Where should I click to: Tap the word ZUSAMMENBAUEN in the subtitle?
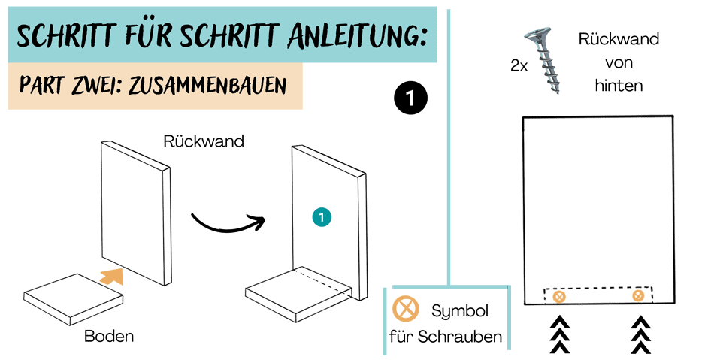(207, 86)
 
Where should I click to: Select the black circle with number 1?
(410, 98)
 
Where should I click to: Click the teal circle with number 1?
(322, 218)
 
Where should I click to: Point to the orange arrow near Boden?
(111, 276)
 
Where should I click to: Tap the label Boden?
(109, 337)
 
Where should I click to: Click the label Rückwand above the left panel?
(204, 141)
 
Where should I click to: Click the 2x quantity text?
(519, 66)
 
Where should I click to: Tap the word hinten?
(619, 86)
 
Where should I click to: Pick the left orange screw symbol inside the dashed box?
(559, 297)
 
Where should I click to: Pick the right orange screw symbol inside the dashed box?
(638, 295)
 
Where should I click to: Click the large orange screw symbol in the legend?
(406, 308)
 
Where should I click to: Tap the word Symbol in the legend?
(460, 312)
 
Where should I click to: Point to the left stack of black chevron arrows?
(560, 335)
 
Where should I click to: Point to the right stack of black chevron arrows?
(640, 335)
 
